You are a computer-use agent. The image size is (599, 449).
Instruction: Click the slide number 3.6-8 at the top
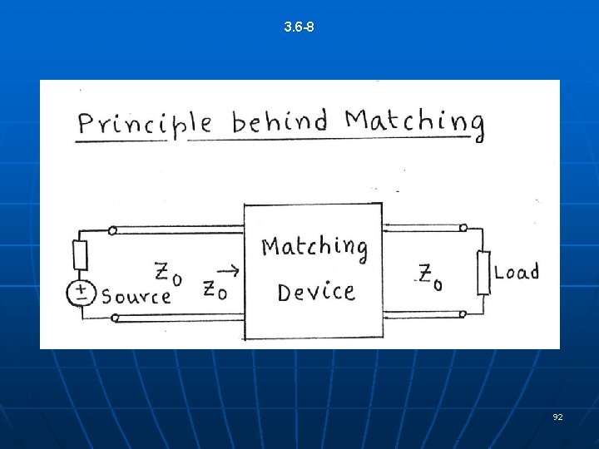coord(299,27)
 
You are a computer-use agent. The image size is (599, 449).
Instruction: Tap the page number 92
coord(557,416)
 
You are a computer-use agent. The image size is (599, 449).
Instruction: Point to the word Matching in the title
coord(413,123)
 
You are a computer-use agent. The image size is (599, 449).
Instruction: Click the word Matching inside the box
coord(314,247)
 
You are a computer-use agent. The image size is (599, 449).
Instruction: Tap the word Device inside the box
coord(315,292)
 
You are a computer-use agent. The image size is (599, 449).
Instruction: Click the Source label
coord(136,296)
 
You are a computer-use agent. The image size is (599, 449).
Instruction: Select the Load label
coord(517,272)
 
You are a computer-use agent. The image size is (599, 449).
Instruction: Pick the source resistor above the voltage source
coord(80,254)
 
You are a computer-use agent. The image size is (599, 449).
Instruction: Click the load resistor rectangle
coord(483,272)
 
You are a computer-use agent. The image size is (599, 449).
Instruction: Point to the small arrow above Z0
coord(232,270)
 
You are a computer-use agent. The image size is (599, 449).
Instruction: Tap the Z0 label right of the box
coord(430,276)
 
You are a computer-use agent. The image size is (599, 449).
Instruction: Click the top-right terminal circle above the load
coord(463,227)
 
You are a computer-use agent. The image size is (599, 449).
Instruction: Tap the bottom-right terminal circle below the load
coord(463,314)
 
